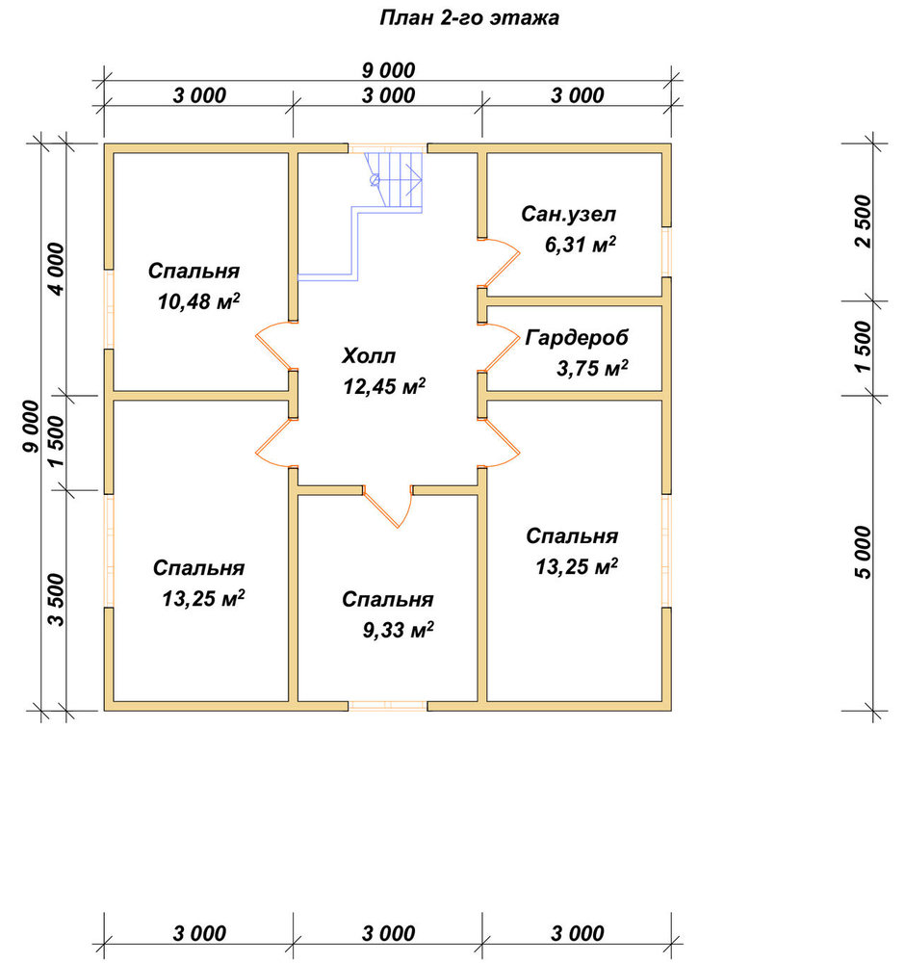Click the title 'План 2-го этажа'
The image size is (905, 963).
pyautogui.click(x=469, y=17)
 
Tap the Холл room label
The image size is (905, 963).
pyautogui.click(x=369, y=355)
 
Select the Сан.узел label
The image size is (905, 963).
pyautogui.click(x=568, y=214)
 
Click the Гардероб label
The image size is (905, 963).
pyautogui.click(x=577, y=338)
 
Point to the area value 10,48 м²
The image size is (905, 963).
pyautogui.click(x=198, y=301)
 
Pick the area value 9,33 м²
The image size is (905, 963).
pyautogui.click(x=398, y=630)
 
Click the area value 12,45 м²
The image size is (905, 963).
pyautogui.click(x=384, y=386)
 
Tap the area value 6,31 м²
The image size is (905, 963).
pyautogui.click(x=581, y=245)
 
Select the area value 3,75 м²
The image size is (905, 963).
pyautogui.click(x=592, y=369)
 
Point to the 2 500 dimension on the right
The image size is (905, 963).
pyautogui.click(x=863, y=221)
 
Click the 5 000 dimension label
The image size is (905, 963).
pyautogui.click(x=863, y=552)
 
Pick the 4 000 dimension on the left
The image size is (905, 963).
pyautogui.click(x=55, y=269)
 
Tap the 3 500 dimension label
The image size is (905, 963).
pyautogui.click(x=55, y=599)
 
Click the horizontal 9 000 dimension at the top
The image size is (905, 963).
pyautogui.click(x=388, y=70)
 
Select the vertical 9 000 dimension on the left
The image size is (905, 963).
pyautogui.click(x=30, y=427)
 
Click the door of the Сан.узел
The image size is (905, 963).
pyautogui.click(x=501, y=263)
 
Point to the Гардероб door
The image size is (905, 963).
pyautogui.click(x=501, y=348)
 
